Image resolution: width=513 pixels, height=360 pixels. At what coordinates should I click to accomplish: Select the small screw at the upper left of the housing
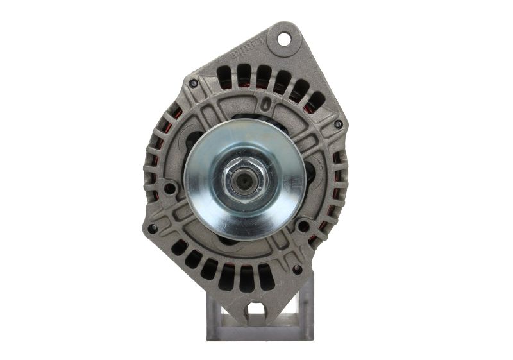[x=193, y=83]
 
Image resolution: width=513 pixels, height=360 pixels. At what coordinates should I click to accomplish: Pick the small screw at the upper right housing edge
[x=337, y=124]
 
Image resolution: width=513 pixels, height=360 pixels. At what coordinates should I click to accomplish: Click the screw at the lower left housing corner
[x=152, y=228]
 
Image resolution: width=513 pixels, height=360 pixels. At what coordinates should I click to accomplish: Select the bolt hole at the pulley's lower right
[x=302, y=226]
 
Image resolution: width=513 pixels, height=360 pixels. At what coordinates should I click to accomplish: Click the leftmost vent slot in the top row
[x=223, y=76]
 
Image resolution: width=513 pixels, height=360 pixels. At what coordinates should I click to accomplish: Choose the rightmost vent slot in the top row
[x=315, y=101]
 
